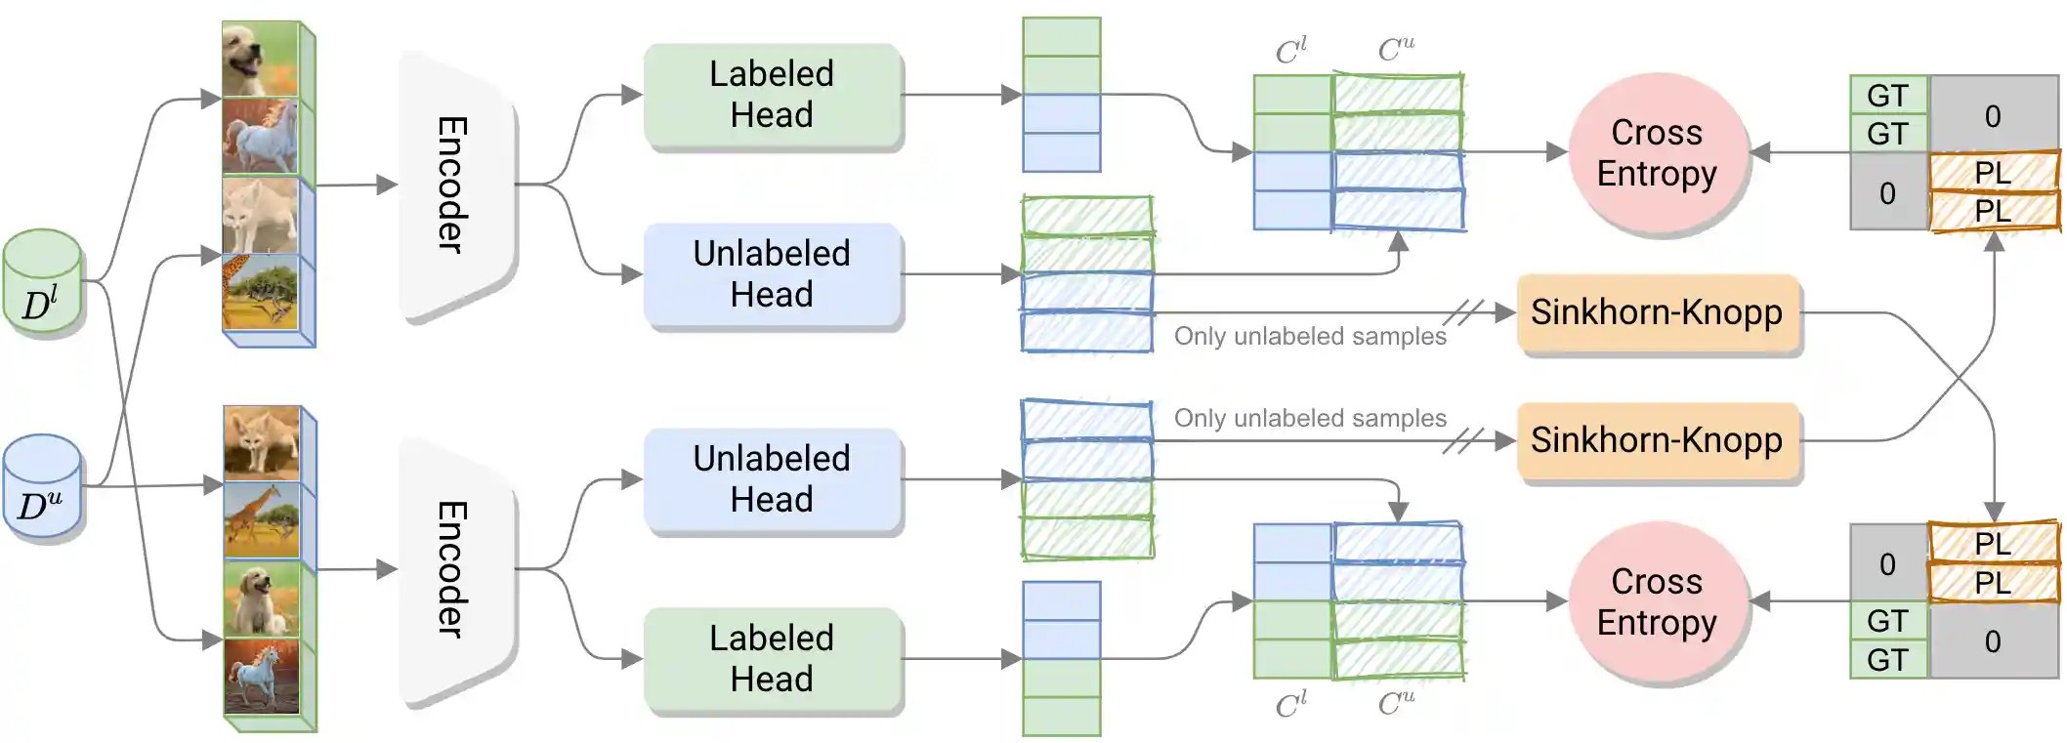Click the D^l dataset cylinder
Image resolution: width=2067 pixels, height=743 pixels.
[43, 283]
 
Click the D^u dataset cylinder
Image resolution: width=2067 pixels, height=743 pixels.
[42, 487]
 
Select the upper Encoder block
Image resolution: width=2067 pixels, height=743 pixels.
[455, 185]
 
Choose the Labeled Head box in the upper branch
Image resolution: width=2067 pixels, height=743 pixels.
[773, 95]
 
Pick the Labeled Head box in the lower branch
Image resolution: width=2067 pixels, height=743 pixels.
[773, 659]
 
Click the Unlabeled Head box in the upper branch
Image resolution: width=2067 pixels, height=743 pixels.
[773, 274]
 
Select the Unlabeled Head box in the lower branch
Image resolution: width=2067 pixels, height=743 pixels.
[773, 479]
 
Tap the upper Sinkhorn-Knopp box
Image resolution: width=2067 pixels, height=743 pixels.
[1657, 312]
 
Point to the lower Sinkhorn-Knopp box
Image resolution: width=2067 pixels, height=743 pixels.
[1657, 440]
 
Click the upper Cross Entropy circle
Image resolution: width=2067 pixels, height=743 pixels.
[1657, 153]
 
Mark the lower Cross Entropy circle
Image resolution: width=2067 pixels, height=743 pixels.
[1657, 602]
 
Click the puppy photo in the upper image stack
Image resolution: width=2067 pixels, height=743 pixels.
[260, 60]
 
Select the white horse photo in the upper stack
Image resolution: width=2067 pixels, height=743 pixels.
[260, 137]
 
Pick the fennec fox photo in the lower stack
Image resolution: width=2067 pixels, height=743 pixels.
[262, 442]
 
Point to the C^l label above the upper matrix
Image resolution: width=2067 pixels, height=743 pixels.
[1291, 51]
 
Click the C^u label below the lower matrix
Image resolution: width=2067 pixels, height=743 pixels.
[1397, 703]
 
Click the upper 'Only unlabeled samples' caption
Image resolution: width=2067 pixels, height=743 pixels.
[1310, 337]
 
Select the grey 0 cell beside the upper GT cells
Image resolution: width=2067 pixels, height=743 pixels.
[1993, 115]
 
